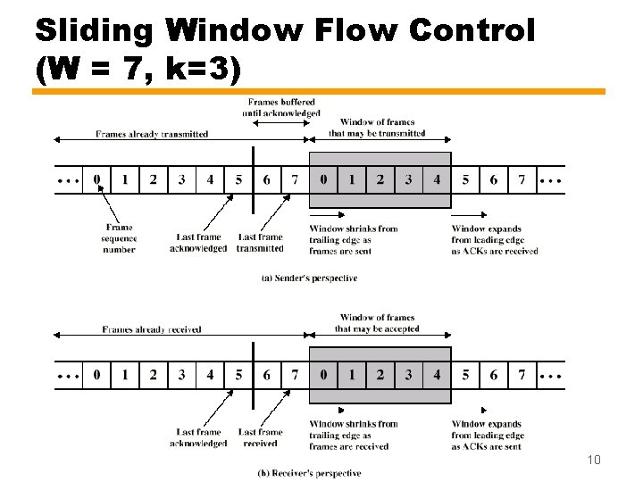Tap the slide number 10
(594, 460)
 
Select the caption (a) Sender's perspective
(309, 278)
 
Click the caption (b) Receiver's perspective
(309, 473)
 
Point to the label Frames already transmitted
(152, 134)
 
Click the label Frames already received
(152, 329)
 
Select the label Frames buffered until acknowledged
(281, 108)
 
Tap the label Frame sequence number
(119, 238)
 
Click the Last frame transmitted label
(260, 243)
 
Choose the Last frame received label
(260, 437)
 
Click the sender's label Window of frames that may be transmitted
(377, 128)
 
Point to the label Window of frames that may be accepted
(377, 323)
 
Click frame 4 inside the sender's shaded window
(437, 179)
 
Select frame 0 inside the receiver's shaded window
(323, 375)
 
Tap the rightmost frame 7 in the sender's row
(522, 179)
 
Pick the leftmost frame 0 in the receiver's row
(96, 375)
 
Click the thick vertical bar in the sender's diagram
(253, 179)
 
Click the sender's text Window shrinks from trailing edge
(354, 240)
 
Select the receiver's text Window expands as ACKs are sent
(488, 435)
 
